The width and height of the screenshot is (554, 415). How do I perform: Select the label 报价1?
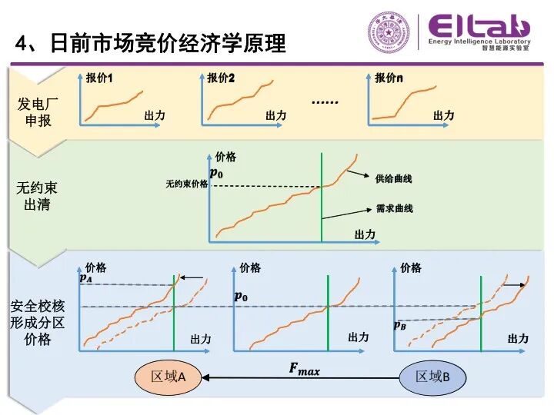[99, 78]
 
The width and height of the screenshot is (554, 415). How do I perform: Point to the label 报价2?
[221, 78]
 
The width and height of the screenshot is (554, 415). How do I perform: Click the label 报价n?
[389, 78]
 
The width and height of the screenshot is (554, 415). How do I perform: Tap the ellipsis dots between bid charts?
[325, 101]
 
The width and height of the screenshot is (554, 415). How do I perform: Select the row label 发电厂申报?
[38, 112]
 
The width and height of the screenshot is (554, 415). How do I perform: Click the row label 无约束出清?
[38, 196]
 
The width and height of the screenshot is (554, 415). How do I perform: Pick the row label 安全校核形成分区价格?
[38, 323]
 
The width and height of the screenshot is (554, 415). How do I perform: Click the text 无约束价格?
[186, 184]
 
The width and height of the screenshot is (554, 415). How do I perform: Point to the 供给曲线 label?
[393, 179]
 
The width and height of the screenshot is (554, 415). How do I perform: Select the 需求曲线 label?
[393, 208]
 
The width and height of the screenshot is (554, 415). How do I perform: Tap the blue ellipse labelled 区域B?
[432, 377]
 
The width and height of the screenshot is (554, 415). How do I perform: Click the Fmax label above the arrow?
[304, 369]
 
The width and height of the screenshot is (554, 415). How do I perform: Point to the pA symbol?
[86, 279]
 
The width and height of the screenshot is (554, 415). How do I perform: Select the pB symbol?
[400, 325]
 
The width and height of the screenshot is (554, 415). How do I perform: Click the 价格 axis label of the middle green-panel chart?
[226, 157]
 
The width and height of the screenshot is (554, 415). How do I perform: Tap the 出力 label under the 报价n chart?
[443, 115]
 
